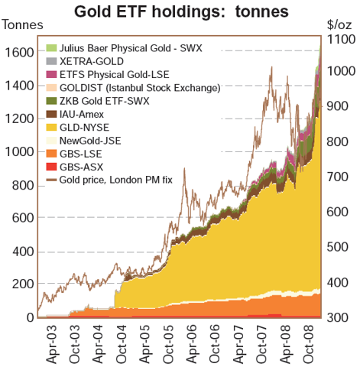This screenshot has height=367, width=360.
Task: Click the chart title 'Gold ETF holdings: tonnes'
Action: pos(181,12)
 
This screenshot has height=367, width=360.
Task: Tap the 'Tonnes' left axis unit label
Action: pos(23,25)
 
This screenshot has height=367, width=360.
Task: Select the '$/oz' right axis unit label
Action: pos(339,25)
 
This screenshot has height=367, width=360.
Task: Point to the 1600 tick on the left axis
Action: pos(19,52)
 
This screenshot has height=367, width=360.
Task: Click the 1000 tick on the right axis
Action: pos(341,71)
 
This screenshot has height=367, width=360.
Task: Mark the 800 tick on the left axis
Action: pos(23,185)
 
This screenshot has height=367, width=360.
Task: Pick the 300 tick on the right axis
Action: pos(337,317)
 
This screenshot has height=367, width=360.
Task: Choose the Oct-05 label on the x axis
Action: pos(168,344)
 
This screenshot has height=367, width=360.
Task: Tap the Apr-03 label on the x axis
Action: pos(51,344)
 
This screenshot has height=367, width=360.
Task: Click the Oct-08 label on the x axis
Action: pos(309,344)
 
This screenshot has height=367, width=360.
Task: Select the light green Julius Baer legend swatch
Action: pos(51,47)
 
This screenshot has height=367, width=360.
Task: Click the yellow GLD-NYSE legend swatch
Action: pos(51,127)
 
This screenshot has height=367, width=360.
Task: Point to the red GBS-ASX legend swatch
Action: pos(51,167)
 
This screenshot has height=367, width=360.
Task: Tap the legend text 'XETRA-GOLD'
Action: pos(92,61)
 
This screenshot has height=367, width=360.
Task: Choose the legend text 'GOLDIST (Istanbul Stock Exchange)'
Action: pos(140,88)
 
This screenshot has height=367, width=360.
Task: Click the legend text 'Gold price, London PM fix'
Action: pos(116,180)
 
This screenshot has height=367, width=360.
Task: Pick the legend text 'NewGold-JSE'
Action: pos(90,141)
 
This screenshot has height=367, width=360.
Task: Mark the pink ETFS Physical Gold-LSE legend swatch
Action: pos(51,74)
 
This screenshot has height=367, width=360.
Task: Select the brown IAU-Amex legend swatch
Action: pos(51,114)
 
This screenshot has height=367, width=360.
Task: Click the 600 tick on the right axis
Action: pos(337,212)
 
